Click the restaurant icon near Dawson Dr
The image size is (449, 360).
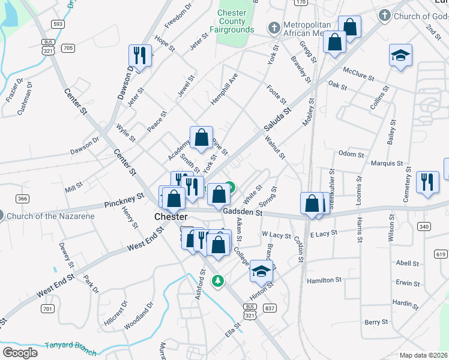click(x=139, y=56)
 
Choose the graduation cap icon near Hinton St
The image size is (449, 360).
click(x=261, y=271)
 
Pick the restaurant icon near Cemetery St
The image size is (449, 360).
click(x=427, y=182)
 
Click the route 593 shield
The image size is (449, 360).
click(x=58, y=24)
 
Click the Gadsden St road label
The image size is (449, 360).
click(x=243, y=212)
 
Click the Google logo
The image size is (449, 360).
click(x=20, y=353)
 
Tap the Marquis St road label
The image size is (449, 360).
click(x=386, y=163)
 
